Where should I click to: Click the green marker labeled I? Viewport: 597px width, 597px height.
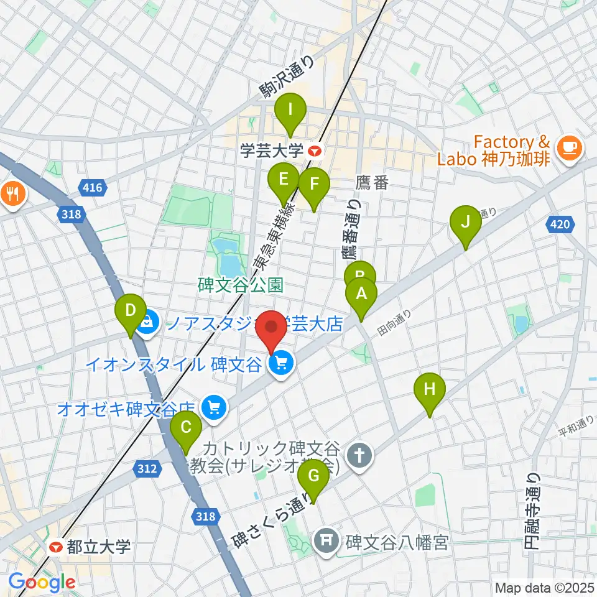[x=290, y=113]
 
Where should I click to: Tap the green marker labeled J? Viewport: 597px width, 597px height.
[x=466, y=223]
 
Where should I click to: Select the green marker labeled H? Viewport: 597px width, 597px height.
[x=430, y=391]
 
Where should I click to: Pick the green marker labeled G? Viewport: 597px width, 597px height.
[x=313, y=478]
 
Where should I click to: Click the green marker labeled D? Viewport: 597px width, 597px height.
[x=131, y=311]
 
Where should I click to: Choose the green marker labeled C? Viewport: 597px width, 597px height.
[x=186, y=429]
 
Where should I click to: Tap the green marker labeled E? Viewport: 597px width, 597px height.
[x=284, y=181]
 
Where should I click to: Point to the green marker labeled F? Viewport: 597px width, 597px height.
[x=313, y=185]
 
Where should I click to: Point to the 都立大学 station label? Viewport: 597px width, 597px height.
[x=91, y=547]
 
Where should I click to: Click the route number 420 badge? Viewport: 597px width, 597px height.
[x=558, y=224]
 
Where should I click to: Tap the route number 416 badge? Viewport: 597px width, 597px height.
[x=90, y=186]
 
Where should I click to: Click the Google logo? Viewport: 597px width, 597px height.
[x=42, y=583]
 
